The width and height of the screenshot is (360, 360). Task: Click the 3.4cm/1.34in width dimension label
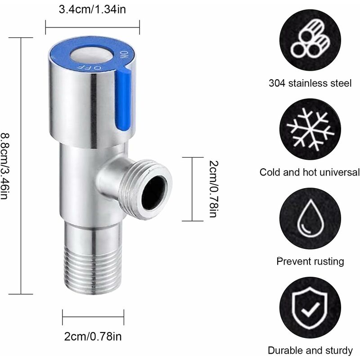[92, 10]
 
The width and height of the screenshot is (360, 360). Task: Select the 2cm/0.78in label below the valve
[92, 336]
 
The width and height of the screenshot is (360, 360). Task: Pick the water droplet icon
[310, 218]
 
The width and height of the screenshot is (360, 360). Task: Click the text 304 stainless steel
[310, 83]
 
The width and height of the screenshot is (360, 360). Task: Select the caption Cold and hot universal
[310, 172]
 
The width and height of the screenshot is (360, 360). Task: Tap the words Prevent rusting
[310, 261]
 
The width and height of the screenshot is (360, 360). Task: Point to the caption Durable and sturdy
[310, 351]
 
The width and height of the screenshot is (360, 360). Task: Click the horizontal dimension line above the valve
[92, 27]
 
